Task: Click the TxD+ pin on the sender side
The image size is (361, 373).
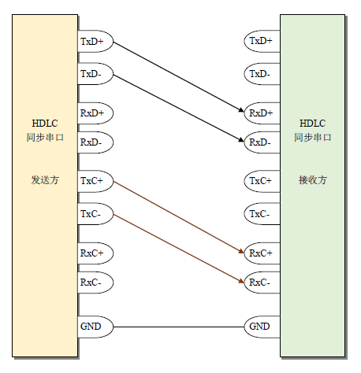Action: pyautogui.click(x=95, y=41)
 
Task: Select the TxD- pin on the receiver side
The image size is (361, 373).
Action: pyautogui.click(x=262, y=74)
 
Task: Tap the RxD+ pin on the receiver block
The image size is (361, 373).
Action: pyautogui.click(x=262, y=113)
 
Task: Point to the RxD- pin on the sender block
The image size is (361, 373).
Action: pyautogui.click(x=95, y=142)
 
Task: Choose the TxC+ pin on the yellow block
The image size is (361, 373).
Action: pyautogui.click(x=95, y=181)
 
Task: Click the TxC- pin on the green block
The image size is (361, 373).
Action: pyautogui.click(x=262, y=214)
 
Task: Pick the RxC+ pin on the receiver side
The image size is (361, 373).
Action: pyautogui.click(x=262, y=253)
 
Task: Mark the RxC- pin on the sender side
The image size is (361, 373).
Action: pyautogui.click(x=95, y=283)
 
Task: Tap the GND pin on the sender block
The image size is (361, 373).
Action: pyautogui.click(x=95, y=327)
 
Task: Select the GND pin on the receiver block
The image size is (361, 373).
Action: pyautogui.click(x=262, y=327)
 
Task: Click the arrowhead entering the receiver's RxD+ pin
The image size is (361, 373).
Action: pyautogui.click(x=241, y=110)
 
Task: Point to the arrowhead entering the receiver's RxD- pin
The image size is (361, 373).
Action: pyautogui.click(x=241, y=140)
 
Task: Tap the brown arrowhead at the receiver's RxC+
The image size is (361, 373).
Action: pyautogui.click(x=241, y=251)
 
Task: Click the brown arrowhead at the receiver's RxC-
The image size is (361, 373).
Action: pyautogui.click(x=241, y=281)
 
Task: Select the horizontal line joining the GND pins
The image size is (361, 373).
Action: pyautogui.click(x=179, y=327)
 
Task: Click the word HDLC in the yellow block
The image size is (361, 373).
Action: pyautogui.click(x=45, y=124)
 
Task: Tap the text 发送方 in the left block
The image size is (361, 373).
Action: pyautogui.click(x=45, y=180)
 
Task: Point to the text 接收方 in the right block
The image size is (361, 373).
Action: pyautogui.click(x=313, y=180)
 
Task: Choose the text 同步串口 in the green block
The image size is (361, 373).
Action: pyautogui.click(x=313, y=137)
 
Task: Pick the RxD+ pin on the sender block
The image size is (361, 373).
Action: pyautogui.click(x=95, y=113)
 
